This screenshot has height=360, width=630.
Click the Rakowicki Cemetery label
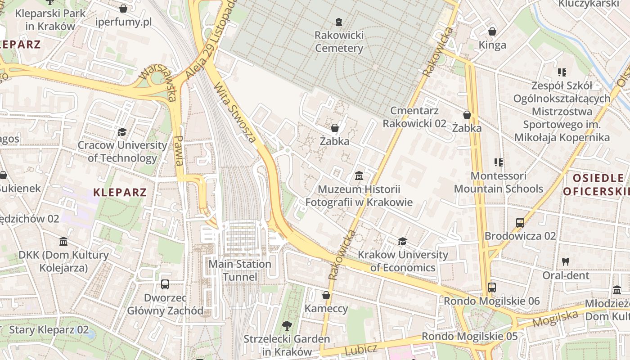click(339, 41)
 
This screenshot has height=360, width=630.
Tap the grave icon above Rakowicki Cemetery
click(339, 22)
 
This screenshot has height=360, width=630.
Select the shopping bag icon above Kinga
click(492, 31)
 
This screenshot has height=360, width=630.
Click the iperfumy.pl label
click(123, 22)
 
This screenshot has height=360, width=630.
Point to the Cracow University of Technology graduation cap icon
click(122, 132)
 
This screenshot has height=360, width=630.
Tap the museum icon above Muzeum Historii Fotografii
click(359, 175)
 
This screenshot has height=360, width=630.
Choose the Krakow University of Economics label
click(403, 261)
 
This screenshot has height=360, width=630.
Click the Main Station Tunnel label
click(240, 270)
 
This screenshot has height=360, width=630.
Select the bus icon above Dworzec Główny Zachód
click(165, 284)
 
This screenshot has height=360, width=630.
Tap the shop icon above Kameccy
click(326, 295)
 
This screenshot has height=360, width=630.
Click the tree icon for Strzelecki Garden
click(287, 325)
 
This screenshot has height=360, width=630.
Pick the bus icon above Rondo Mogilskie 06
click(492, 287)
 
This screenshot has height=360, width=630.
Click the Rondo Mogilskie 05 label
click(469, 336)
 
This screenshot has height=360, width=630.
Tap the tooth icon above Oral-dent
click(566, 261)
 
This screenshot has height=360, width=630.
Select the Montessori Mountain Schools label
click(498, 182)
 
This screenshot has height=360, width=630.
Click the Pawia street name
click(179, 151)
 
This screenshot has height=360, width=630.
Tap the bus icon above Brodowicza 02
click(520, 222)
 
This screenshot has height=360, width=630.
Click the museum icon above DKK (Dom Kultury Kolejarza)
click(63, 242)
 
